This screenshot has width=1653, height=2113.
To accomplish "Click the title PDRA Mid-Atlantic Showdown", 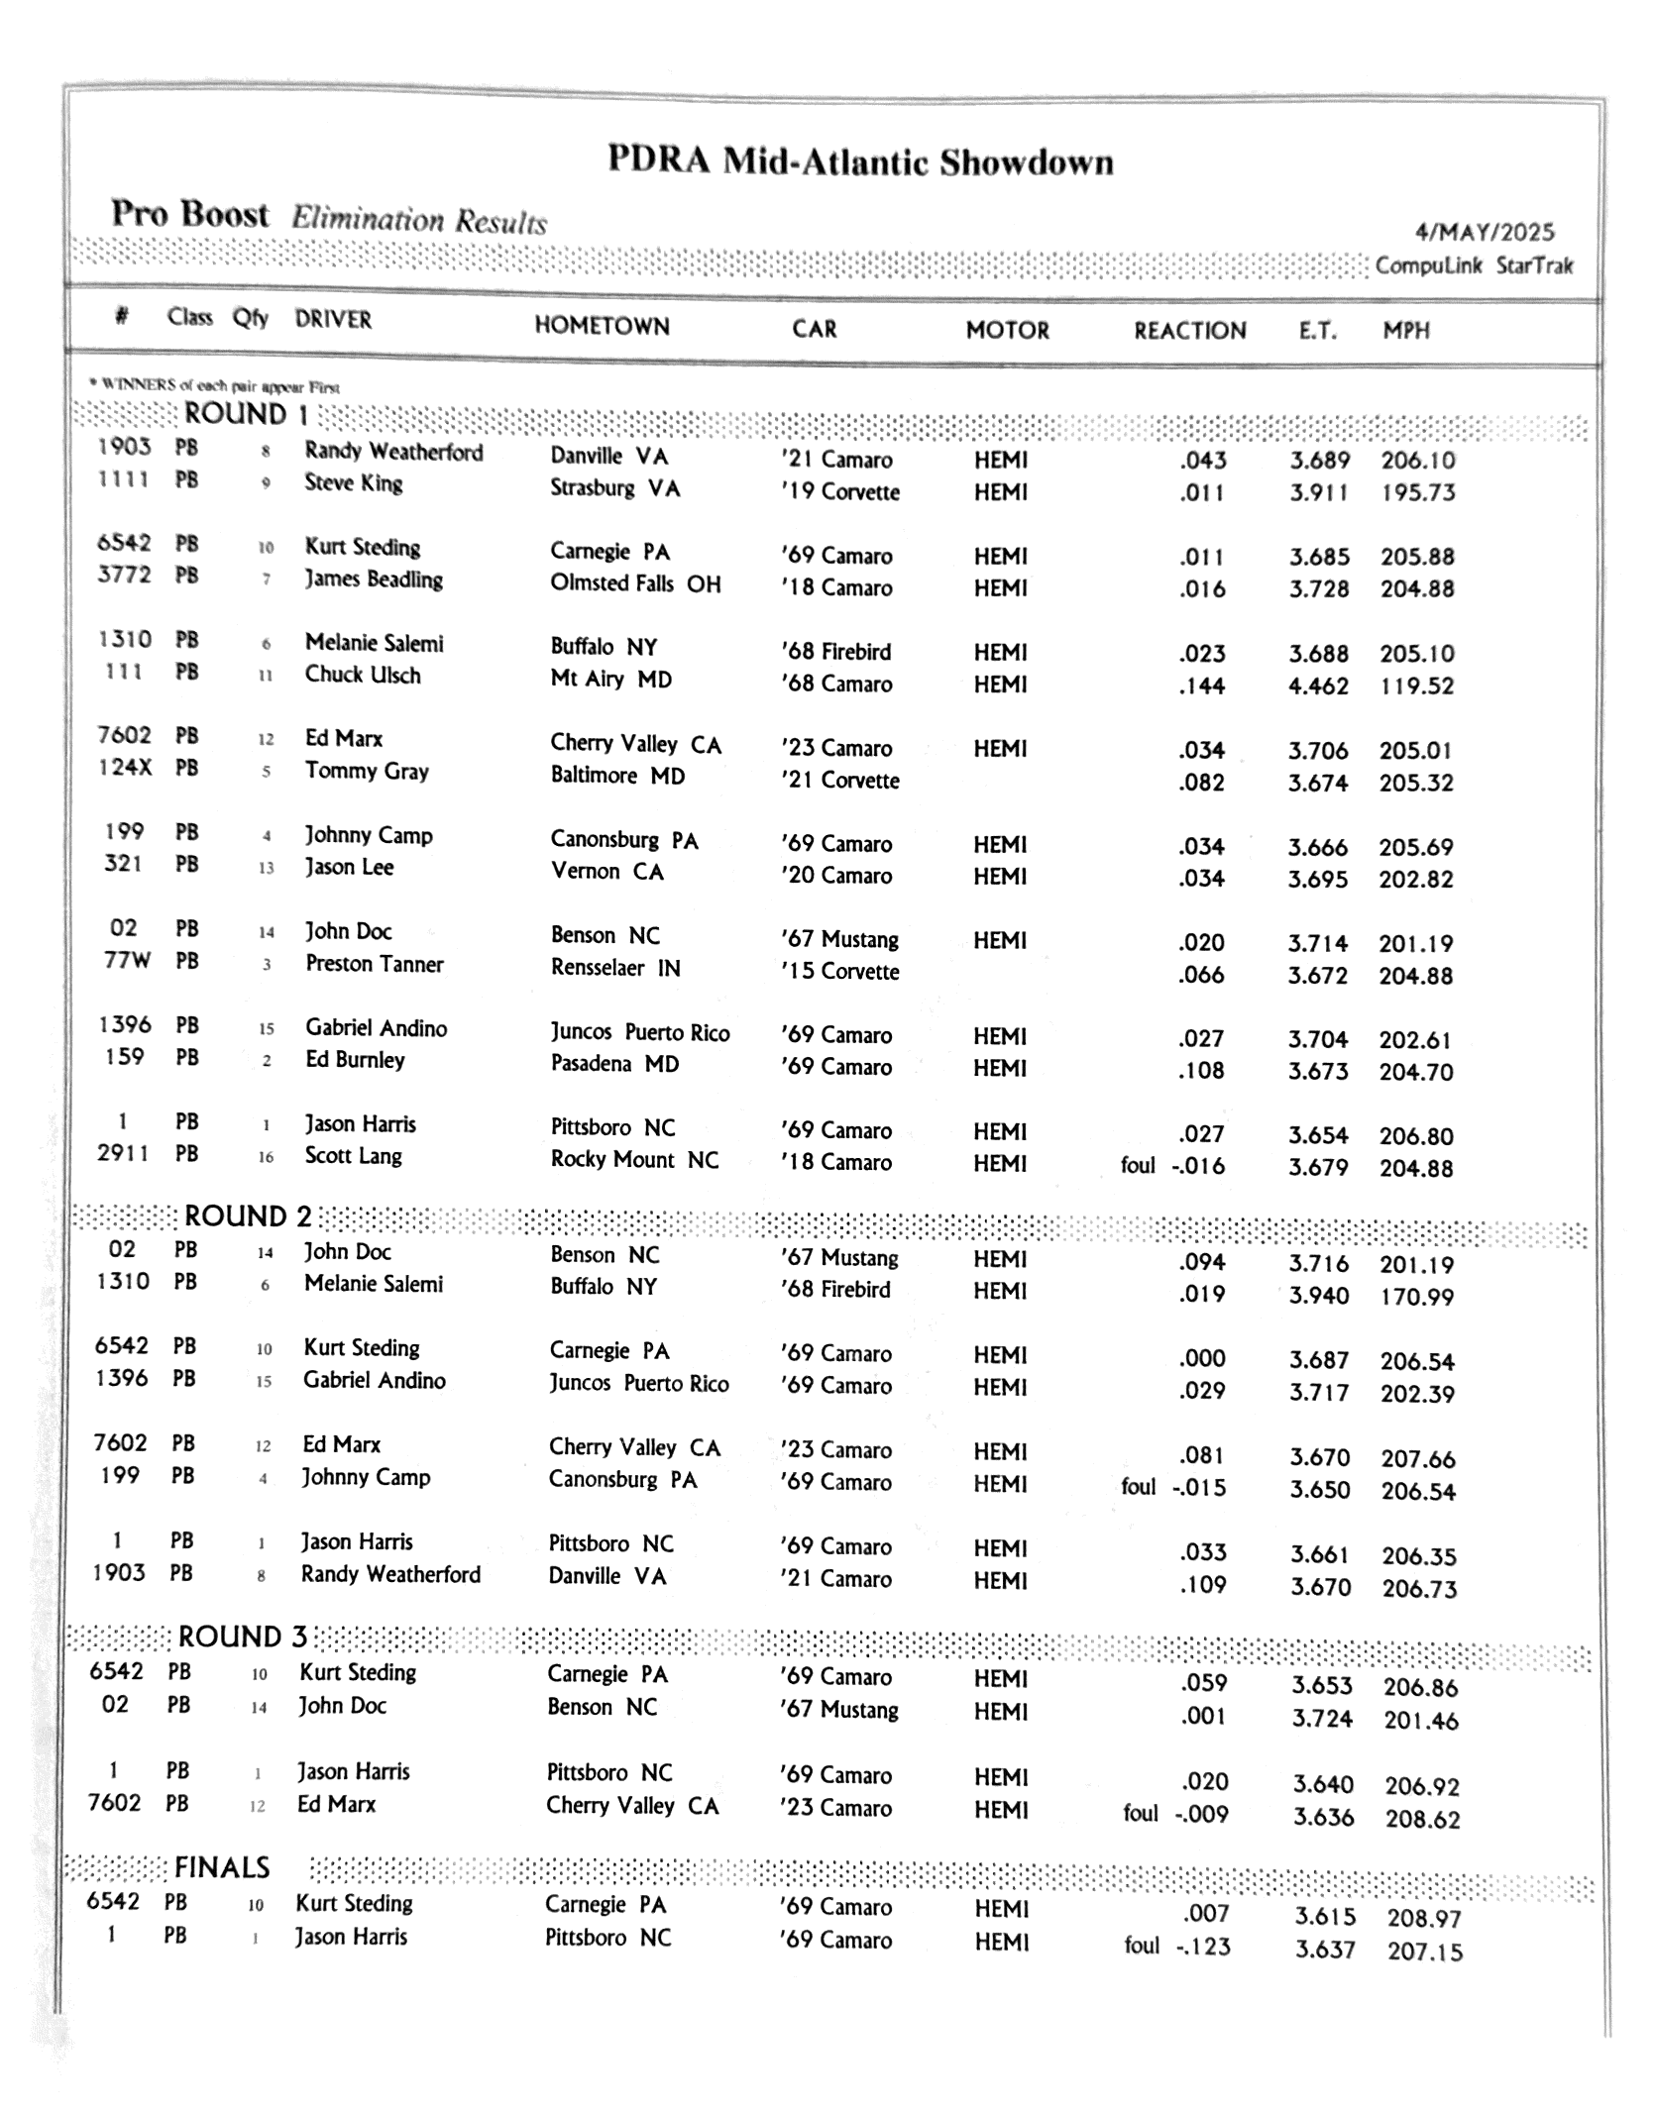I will coord(859,161).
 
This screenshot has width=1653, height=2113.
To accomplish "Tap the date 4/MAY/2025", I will coord(1485,232).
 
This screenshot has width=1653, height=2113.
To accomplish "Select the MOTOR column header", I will coord(1007,330).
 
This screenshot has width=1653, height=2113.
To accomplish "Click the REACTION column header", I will coord(1189,330).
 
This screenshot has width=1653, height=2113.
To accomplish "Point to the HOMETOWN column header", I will coord(602,326).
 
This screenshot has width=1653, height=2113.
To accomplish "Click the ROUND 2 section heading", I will coord(248,1215).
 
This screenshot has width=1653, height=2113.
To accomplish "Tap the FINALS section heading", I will coord(222,1867).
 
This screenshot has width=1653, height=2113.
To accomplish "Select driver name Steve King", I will coord(353,483).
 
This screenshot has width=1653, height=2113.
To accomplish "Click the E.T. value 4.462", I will coord(1318,686).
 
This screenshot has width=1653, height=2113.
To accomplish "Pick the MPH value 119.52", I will coord(1416,686).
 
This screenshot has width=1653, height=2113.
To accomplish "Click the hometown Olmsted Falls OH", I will coord(635,583).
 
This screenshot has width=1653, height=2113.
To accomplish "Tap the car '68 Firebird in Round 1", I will coord(835,652).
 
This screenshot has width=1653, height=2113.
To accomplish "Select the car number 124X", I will coord(124,767).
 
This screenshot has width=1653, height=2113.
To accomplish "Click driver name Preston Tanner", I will coord(374,964).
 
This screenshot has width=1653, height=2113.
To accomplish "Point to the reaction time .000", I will coord(1202,1358).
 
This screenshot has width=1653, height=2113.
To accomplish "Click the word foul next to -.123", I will coord(1142,1946).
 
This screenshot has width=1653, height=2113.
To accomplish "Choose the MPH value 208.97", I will coord(1424,1919).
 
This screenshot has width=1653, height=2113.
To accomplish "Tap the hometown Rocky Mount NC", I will coord(634,1160).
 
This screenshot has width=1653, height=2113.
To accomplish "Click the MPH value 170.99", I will coord(1416,1297).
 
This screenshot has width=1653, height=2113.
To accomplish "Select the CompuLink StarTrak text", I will coord(1474,265).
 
